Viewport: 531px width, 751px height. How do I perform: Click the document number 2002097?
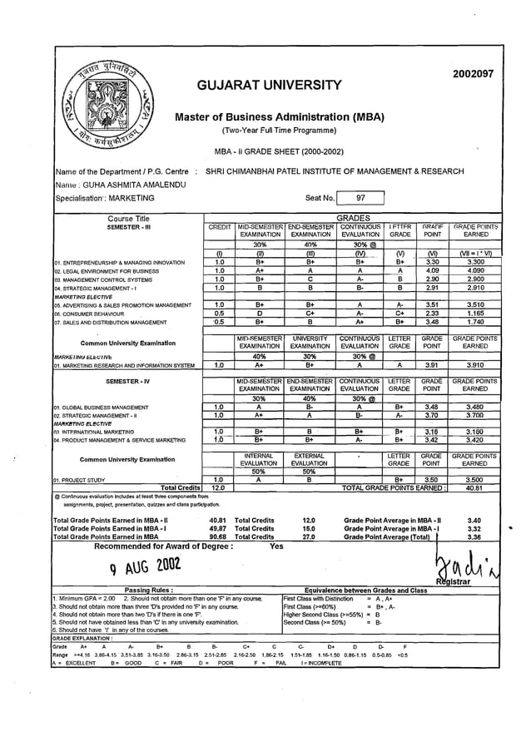(474, 74)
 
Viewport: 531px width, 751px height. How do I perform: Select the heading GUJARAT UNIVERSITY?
(270, 86)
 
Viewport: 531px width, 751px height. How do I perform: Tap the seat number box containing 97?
(360, 198)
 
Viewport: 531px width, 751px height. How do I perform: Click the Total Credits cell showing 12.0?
(219, 487)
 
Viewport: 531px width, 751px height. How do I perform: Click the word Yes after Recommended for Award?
(277, 547)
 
